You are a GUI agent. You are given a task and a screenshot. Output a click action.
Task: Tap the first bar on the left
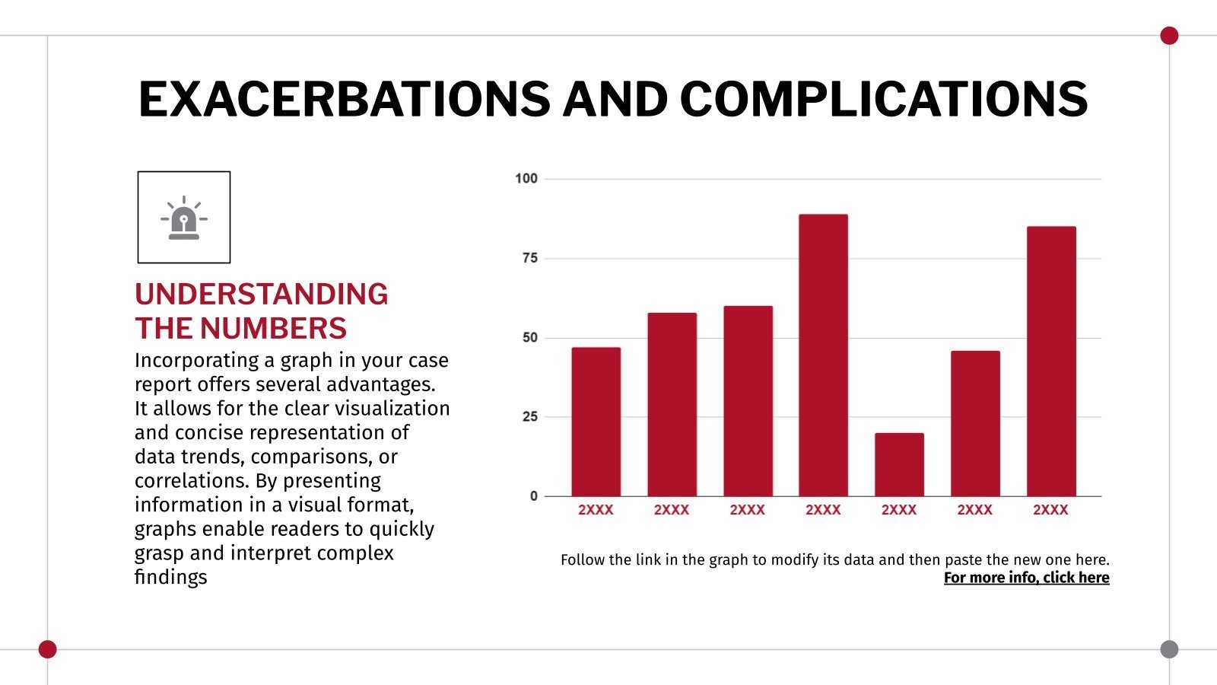[596, 422]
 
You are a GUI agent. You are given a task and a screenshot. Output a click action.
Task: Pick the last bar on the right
[1051, 362]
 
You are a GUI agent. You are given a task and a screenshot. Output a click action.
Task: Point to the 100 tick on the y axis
[526, 179]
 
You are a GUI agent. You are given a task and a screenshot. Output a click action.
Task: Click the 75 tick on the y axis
[529, 258]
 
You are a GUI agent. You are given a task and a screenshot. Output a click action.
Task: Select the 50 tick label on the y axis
[529, 337]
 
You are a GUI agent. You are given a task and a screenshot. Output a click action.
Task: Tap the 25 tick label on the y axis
[529, 416]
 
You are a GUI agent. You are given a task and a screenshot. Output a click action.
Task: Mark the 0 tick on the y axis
[533, 496]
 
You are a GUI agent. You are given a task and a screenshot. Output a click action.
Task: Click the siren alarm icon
[184, 218]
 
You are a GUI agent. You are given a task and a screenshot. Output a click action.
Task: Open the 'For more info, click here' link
[1026, 578]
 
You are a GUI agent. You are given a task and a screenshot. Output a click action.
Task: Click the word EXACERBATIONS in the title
[344, 100]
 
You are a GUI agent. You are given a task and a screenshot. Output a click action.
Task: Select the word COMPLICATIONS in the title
[883, 100]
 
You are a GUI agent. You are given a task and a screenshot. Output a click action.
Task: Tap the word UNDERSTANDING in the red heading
[261, 295]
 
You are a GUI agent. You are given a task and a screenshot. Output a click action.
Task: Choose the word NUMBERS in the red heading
[273, 329]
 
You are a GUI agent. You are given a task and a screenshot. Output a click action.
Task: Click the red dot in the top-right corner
[1169, 36]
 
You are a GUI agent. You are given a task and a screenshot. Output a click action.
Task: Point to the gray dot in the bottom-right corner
[1169, 649]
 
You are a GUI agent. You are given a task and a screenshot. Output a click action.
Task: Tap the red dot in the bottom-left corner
[47, 649]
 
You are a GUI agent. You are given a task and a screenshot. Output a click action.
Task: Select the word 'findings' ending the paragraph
[170, 577]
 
